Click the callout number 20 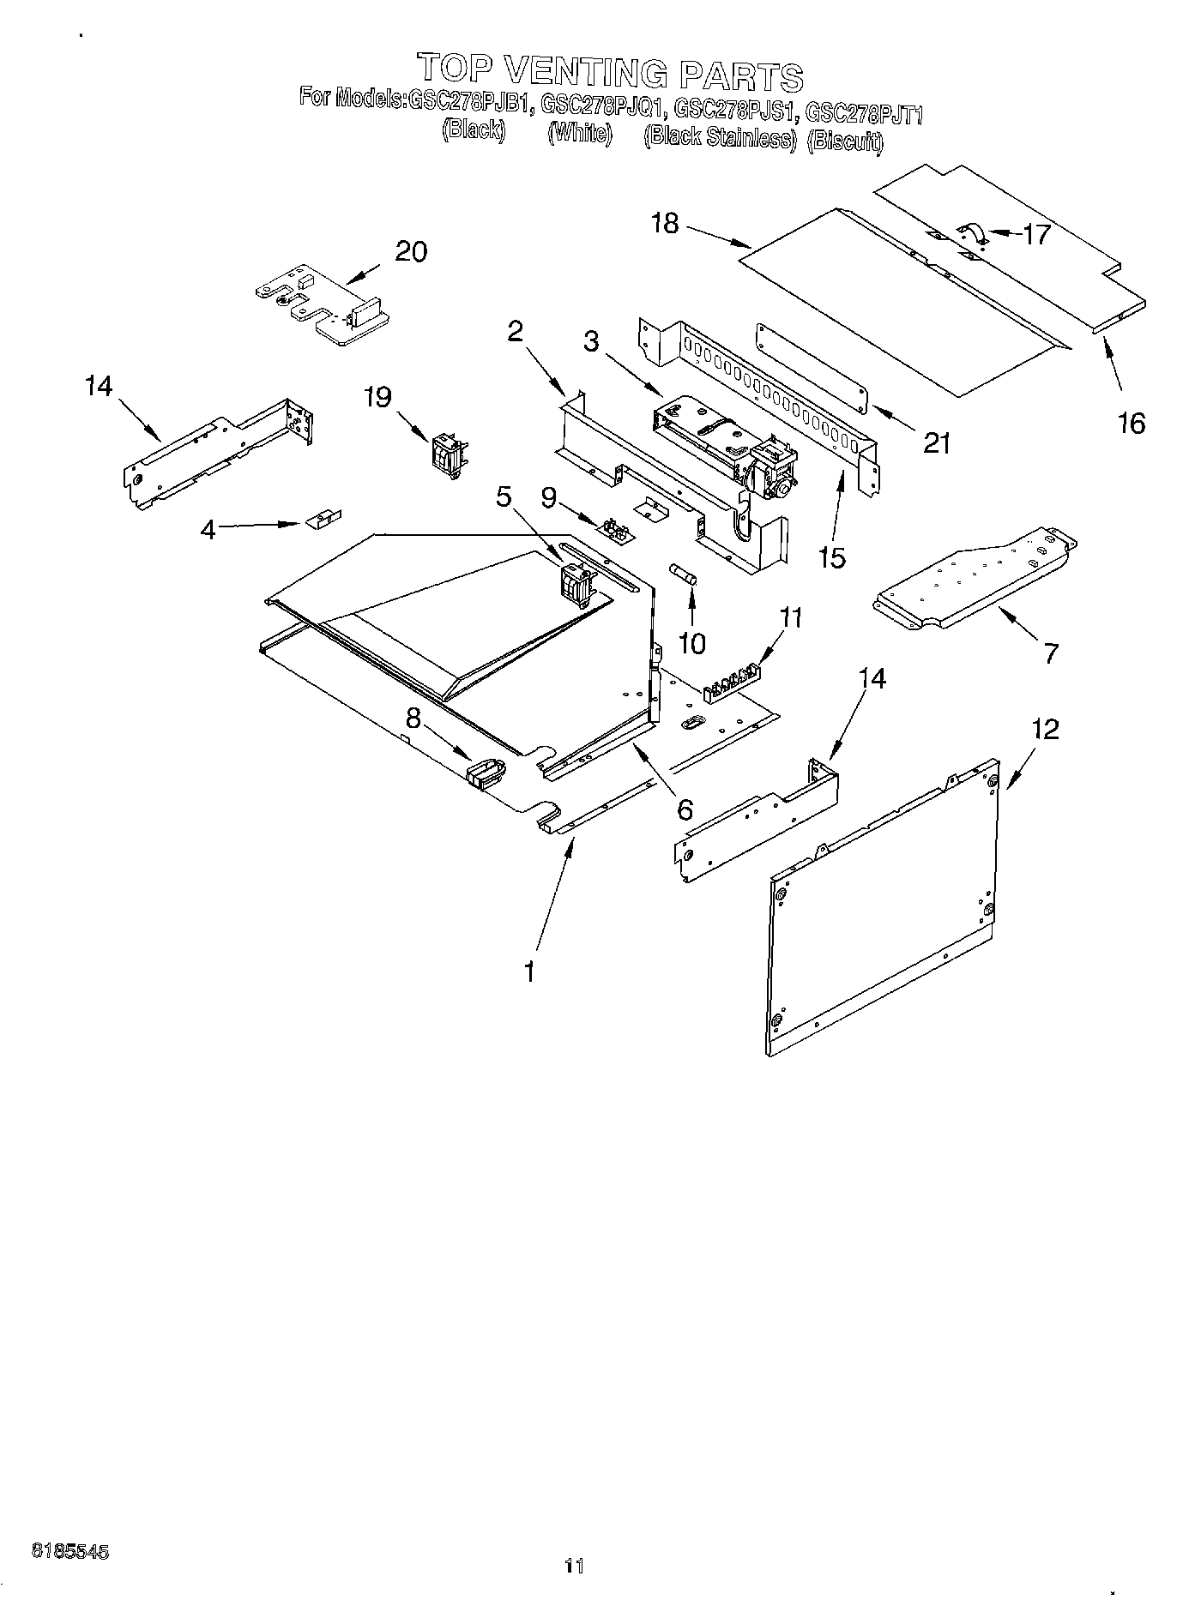411,253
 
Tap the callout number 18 665,224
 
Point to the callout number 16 1132,423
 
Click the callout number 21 936,442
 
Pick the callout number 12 1045,730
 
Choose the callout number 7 1050,653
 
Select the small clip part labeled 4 323,519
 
